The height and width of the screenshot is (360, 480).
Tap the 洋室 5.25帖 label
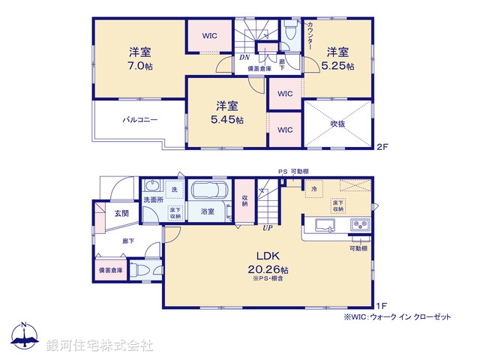pos(337,58)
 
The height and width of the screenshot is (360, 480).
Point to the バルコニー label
pos(139,119)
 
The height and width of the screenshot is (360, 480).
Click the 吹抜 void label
pos(337,123)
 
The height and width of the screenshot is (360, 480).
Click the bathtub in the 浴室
pos(210,190)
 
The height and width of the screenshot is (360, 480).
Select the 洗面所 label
pos(153,201)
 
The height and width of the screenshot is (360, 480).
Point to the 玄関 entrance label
pos(121,214)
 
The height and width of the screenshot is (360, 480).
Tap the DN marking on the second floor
pos(244,58)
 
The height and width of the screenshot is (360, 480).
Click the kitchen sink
pos(327,225)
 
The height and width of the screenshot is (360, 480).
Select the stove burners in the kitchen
pos(357,225)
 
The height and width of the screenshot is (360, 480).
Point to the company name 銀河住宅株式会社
pos(100,346)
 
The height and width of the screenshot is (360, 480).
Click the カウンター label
pos(310,36)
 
